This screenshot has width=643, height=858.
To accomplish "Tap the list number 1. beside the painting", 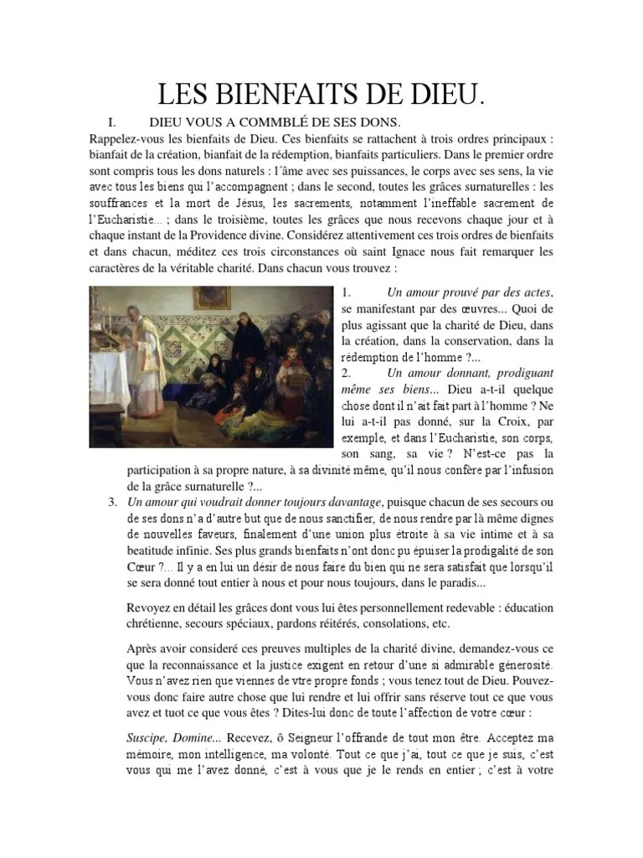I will (x=346, y=292).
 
